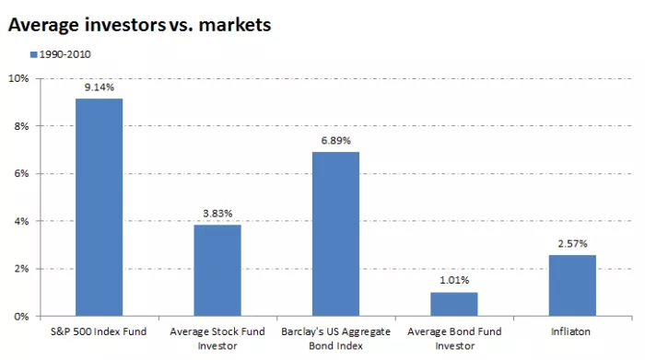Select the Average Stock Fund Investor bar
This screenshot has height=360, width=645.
[217, 270]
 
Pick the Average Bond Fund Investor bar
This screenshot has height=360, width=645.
[453, 304]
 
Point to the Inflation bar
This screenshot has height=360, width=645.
[571, 285]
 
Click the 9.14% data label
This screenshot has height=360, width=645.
[99, 88]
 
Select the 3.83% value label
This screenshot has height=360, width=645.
[217, 214]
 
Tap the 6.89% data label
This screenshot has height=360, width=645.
[335, 141]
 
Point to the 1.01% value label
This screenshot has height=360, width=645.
[453, 281]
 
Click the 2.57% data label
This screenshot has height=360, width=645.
[571, 244]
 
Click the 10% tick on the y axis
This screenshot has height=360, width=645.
[18, 78]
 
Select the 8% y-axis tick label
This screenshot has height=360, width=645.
[21, 126]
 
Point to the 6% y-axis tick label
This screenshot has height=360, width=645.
[21, 174]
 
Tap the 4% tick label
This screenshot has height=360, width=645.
[21, 221]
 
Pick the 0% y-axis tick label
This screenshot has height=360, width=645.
[21, 316]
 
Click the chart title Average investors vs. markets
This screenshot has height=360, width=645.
[139, 25]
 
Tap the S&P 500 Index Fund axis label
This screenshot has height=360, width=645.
[99, 329]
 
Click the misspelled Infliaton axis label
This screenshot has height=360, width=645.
[571, 329]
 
